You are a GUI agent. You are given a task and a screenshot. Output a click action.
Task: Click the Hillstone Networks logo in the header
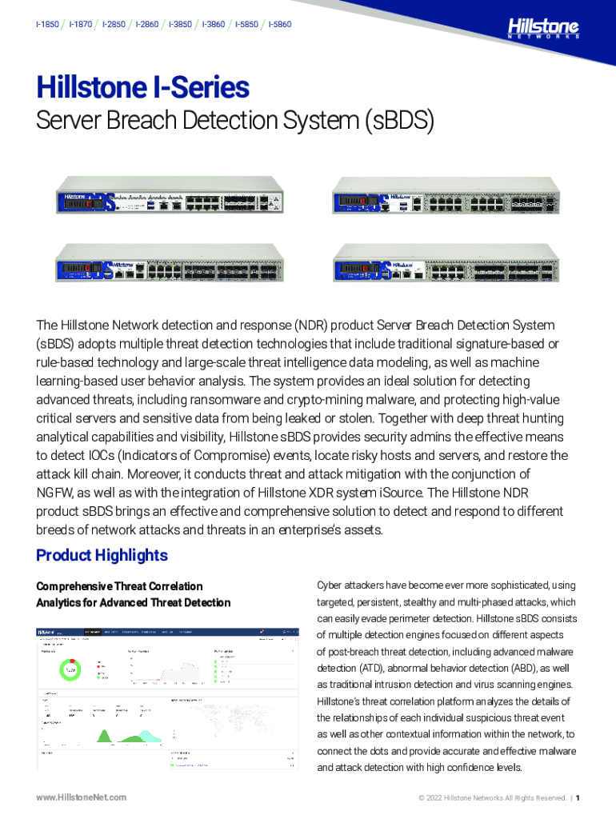tap(543, 29)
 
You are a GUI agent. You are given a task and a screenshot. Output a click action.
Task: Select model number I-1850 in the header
tap(47, 25)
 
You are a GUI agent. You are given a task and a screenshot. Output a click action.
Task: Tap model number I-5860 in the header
tap(280, 25)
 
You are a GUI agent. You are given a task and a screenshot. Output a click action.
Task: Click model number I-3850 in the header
tap(180, 25)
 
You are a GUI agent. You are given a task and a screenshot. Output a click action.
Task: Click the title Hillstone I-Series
tap(142, 87)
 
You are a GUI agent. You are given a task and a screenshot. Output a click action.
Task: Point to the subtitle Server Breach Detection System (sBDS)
tap(234, 122)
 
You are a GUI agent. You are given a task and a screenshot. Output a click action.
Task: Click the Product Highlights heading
tap(102, 555)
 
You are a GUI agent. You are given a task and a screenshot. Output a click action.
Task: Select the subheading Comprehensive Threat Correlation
tap(119, 586)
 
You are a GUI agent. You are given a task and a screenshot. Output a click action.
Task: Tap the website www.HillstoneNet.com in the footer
tap(82, 797)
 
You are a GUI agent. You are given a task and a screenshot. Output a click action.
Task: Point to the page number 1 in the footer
tap(578, 797)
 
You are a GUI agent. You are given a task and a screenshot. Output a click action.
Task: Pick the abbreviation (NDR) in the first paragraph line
tap(311, 326)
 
